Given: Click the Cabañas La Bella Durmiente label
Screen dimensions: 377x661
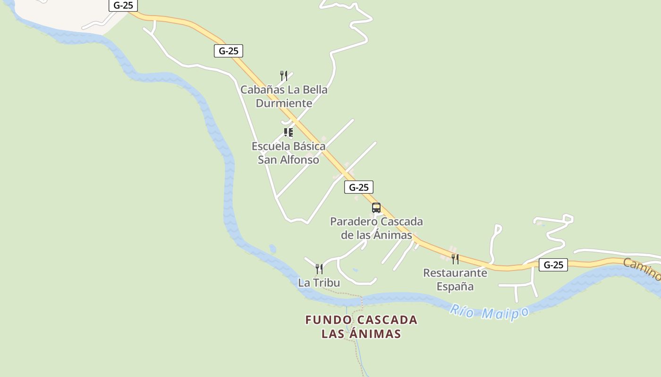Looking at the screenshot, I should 284,96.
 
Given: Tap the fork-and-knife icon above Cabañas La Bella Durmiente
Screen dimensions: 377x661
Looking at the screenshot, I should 284,75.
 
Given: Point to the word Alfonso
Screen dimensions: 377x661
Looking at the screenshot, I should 301,160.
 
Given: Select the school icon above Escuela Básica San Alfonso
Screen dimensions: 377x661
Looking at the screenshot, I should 288,132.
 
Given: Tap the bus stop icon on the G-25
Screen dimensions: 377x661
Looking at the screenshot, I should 376,208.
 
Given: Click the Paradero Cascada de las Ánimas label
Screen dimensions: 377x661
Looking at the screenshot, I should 376,228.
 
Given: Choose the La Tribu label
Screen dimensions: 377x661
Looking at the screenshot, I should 319,283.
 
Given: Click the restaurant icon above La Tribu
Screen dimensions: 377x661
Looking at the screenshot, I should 319,269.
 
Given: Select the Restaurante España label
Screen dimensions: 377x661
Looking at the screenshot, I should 455,279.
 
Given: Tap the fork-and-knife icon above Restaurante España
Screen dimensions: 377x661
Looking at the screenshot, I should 455,259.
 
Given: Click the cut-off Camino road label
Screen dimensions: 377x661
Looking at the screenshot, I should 642,269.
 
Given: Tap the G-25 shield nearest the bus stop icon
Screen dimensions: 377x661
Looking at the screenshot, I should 359,187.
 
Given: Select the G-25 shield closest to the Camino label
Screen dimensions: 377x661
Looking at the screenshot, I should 553,265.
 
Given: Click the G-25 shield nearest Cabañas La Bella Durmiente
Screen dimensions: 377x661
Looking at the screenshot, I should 229,51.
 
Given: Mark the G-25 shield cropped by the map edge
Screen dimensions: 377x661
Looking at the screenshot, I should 123,5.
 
